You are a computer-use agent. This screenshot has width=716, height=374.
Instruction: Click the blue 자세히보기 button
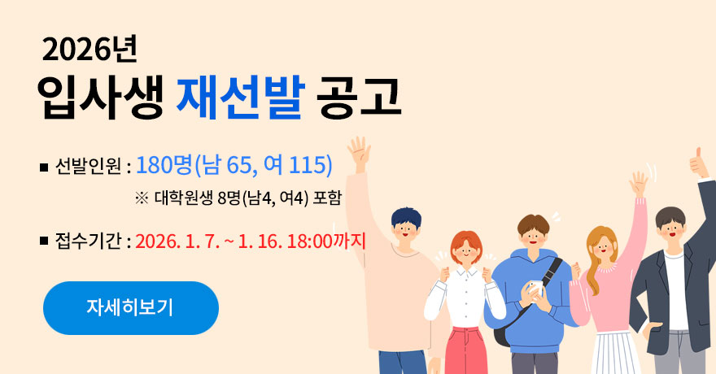pos(131,308)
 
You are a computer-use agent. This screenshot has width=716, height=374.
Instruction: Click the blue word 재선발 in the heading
pos(240,97)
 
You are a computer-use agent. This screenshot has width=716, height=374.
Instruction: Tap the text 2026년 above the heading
pos(89,50)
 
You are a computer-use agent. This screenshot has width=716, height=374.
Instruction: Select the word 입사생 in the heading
pos(100,98)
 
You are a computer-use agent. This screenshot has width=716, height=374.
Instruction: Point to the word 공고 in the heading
pos(359,97)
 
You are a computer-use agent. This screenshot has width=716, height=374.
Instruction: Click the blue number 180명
pos(164,165)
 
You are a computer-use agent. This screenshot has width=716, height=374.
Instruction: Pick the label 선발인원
pos(88,167)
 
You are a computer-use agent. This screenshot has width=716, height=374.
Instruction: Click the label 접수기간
pos(88,241)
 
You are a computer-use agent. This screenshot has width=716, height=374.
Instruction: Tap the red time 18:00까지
pos(326,241)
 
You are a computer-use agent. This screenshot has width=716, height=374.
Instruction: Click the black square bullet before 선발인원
pos(44,167)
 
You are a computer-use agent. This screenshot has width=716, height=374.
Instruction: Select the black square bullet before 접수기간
pos(44,241)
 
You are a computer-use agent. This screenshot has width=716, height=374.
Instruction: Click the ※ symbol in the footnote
pos(142,198)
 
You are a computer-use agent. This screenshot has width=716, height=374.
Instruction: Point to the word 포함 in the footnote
pos(327,198)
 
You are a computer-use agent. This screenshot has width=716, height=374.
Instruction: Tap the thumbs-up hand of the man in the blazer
pos(699,163)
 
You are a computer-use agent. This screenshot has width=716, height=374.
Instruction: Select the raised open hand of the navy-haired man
pos(359,152)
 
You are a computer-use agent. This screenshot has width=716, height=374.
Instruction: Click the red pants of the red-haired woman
pos(463,350)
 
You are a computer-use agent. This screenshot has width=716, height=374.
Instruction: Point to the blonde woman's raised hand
pos(639,184)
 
